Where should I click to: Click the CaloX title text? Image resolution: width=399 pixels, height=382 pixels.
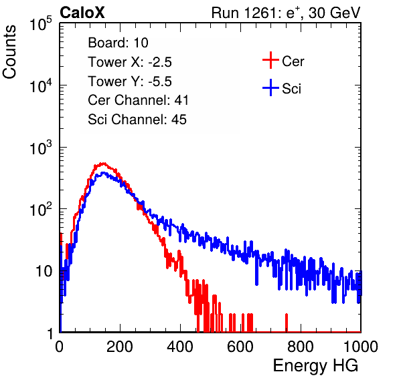pyautogui.click(x=82, y=13)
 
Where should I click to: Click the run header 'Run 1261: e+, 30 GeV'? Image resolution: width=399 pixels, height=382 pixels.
pyautogui.click(x=286, y=13)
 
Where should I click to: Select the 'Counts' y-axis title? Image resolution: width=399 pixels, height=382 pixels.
pyautogui.click(x=9, y=52)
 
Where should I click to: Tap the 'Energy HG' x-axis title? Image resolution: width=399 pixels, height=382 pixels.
pyautogui.click(x=315, y=366)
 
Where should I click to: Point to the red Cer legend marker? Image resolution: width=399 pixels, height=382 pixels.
pyautogui.click(x=270, y=60)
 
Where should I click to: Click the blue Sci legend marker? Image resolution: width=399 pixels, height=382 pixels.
pyautogui.click(x=270, y=87)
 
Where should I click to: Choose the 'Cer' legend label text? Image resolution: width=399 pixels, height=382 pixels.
pyautogui.click(x=293, y=61)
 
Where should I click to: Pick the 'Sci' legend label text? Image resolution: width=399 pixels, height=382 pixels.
pyautogui.click(x=292, y=89)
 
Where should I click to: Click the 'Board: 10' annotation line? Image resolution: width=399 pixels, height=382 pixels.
pyautogui.click(x=118, y=43)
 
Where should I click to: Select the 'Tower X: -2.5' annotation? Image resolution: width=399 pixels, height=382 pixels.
pyautogui.click(x=130, y=62)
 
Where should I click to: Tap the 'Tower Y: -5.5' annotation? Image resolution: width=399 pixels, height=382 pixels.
pyautogui.click(x=130, y=81)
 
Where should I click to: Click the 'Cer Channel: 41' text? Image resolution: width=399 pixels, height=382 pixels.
pyautogui.click(x=138, y=100)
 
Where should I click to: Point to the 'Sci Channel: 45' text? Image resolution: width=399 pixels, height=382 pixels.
pyautogui.click(x=137, y=120)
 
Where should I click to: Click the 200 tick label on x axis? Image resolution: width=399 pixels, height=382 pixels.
pyautogui.click(x=120, y=347)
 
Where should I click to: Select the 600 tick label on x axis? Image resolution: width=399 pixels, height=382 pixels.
pyautogui.click(x=240, y=347)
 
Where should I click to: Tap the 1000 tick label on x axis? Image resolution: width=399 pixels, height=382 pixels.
pyautogui.click(x=361, y=347)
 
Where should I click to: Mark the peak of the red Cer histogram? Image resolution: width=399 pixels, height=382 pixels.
pyautogui.click(x=103, y=164)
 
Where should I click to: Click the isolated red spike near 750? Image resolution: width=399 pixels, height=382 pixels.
pyautogui.click(x=287, y=323)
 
